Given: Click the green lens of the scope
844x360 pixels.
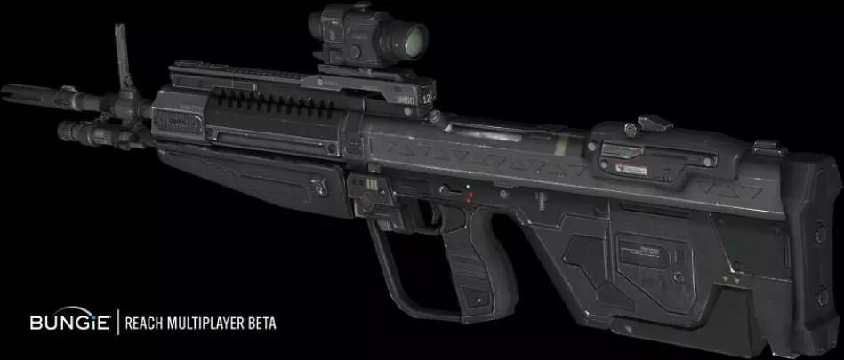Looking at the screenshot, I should (x=411, y=38).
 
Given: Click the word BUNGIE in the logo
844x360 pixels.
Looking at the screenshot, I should (x=68, y=321).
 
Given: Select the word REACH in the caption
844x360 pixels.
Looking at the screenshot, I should (x=145, y=321).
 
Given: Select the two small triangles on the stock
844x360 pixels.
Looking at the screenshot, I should (x=733, y=279).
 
